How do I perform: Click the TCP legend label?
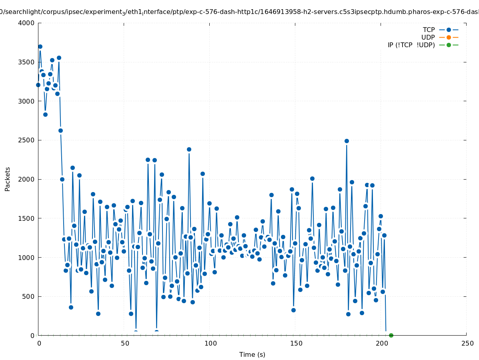(429, 30)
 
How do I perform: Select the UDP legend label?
(428, 37)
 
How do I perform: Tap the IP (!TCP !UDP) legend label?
(411, 45)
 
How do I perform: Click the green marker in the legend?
(449, 45)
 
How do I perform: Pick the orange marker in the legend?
(449, 37)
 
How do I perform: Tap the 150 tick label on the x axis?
(295, 344)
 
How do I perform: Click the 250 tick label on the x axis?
(467, 344)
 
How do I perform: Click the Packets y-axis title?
(8, 179)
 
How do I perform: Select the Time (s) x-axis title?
(252, 355)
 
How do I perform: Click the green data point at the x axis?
(391, 335)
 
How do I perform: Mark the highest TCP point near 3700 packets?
(40, 46)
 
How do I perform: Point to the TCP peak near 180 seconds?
(347, 141)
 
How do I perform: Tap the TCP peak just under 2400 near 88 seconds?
(189, 149)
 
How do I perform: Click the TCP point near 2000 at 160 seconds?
(312, 178)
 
